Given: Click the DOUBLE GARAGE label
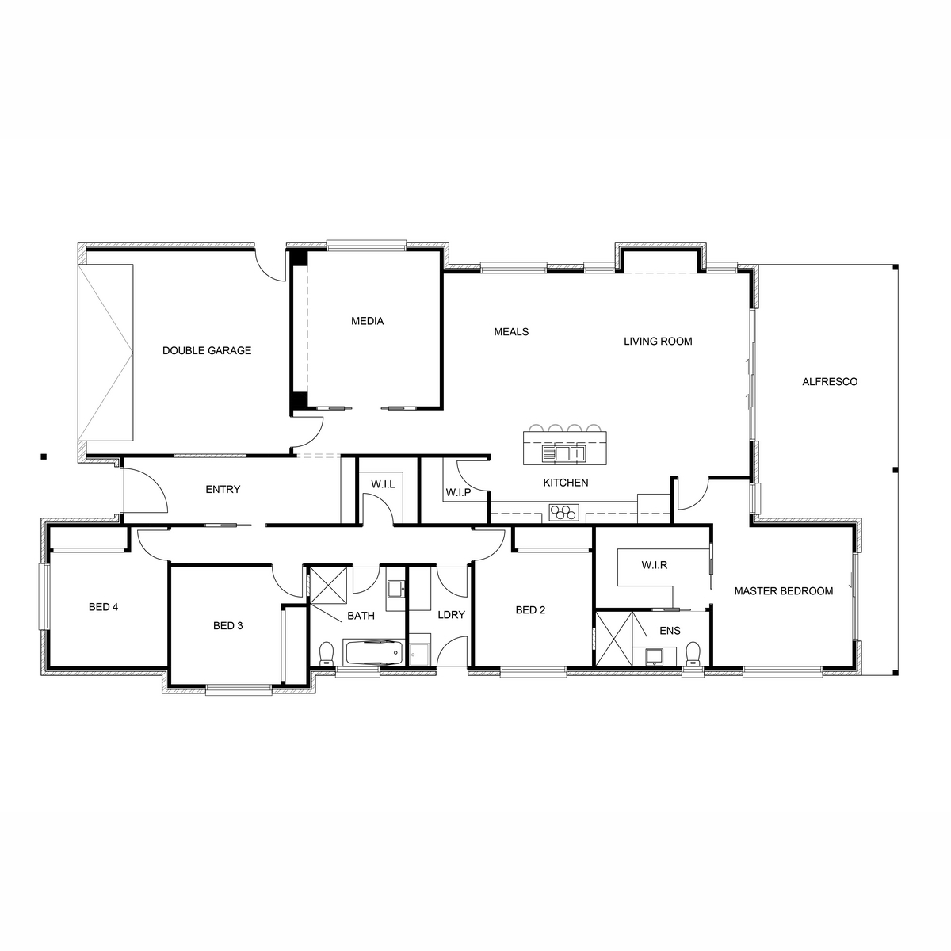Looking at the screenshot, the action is [x=207, y=350].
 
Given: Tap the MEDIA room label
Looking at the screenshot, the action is [x=367, y=321].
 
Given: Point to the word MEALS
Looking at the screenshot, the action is [x=511, y=331].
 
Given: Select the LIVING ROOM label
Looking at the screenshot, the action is [x=658, y=341].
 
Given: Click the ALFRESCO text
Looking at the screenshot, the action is [x=830, y=381].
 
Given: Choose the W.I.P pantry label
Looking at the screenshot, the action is [x=459, y=492].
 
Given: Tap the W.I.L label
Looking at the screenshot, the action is [x=383, y=484].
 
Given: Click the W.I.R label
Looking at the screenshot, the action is [x=655, y=565].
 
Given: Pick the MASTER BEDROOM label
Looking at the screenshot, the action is [x=784, y=590].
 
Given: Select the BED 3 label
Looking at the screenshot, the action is [x=228, y=626].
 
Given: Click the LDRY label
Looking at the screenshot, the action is [x=452, y=614].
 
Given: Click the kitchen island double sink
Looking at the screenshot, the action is [x=563, y=453].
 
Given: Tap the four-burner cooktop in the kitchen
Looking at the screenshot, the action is [x=563, y=512].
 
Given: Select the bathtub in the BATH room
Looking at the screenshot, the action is [x=373, y=652].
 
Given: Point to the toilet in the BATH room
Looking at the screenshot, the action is [x=327, y=653].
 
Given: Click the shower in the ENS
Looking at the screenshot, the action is [x=614, y=639].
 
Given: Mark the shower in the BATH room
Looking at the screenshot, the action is [x=327, y=586].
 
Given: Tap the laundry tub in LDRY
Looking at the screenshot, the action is [x=419, y=650].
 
